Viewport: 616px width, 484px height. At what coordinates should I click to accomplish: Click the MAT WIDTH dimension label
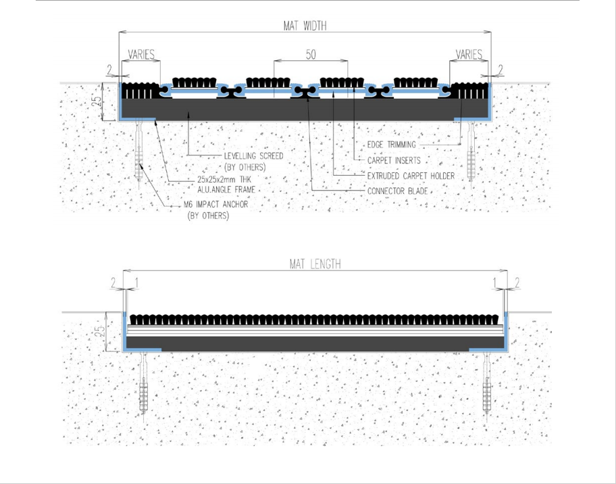pyautogui.click(x=305, y=26)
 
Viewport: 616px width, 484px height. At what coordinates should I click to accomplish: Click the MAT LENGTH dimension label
pyautogui.click(x=315, y=264)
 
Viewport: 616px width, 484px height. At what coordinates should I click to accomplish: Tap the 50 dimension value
pyautogui.click(x=311, y=55)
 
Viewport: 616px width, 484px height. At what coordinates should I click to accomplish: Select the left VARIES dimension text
pyautogui.click(x=141, y=54)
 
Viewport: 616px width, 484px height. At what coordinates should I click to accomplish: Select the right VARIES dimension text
pyautogui.click(x=469, y=54)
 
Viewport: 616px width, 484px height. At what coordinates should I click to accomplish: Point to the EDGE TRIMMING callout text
pyautogui.click(x=391, y=145)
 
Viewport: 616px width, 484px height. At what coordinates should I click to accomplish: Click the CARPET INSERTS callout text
pyautogui.click(x=394, y=160)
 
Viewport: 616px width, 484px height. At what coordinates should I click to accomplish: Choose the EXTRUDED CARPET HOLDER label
pyautogui.click(x=411, y=176)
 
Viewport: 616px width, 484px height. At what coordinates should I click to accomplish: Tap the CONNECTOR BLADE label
pyautogui.click(x=397, y=191)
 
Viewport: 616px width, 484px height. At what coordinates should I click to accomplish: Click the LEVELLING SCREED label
pyautogui.click(x=253, y=156)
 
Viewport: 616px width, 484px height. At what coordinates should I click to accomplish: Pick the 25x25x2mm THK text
pyautogui.click(x=224, y=180)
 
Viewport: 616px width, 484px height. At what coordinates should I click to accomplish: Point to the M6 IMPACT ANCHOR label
pyautogui.click(x=215, y=204)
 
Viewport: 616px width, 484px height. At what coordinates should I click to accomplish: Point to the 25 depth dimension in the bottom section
pyautogui.click(x=101, y=331)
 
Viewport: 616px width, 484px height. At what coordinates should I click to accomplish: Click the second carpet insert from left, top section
pyautogui.click(x=268, y=82)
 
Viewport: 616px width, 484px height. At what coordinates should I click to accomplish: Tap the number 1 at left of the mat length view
pyautogui.click(x=136, y=283)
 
